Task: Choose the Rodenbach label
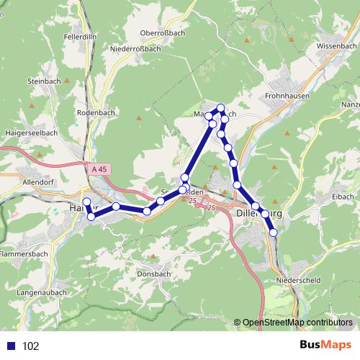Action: pos(92,113)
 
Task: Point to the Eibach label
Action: pos(341,197)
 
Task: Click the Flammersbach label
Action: pos(24,254)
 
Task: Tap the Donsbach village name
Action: pos(153,274)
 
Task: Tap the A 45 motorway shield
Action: pos(102,168)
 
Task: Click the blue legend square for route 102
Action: pos(11,346)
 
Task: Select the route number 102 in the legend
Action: pos(30,346)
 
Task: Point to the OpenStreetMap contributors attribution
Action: pos(297,322)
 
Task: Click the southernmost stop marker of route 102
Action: pos(273,232)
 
